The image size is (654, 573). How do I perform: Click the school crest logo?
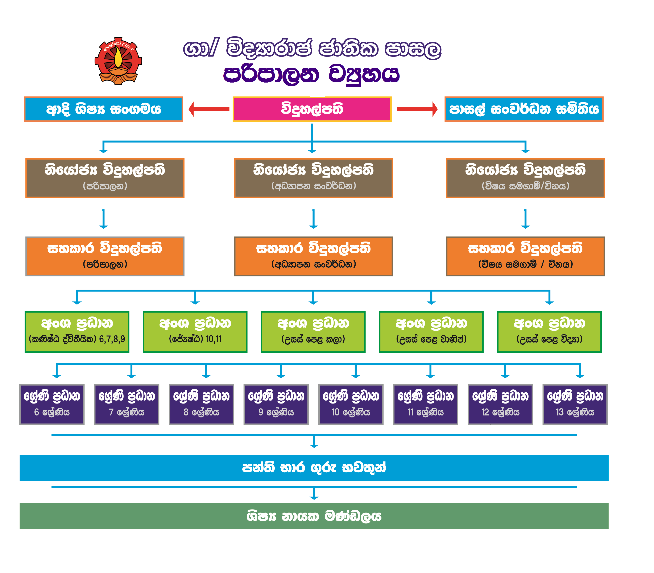pos(118,61)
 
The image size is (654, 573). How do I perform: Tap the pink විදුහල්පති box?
pos(312,109)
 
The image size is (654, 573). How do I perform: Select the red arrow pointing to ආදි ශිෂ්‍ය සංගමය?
pos(209,109)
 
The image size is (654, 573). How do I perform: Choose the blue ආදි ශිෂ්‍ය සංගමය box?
pos(103,109)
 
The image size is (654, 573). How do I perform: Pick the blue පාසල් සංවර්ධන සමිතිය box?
pos(524,109)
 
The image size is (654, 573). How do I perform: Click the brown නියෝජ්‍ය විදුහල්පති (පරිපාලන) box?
pos(105,178)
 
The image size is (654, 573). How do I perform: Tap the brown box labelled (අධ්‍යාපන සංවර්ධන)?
pos(313,178)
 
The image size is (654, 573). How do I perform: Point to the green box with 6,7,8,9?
pos(77,332)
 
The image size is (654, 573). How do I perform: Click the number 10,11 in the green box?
pos(214,339)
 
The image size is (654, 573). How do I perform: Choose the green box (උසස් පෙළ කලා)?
pos(313,332)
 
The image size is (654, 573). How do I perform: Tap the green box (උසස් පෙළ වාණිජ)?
pos(431,332)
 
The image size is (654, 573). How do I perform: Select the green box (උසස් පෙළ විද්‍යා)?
pos(549,332)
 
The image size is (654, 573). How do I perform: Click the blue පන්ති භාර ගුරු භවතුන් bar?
pos(314,468)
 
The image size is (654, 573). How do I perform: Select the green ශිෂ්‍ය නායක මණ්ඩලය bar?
pos(314,516)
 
